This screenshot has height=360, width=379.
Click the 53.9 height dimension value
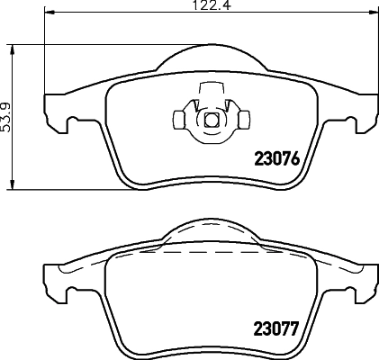point(6,116)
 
